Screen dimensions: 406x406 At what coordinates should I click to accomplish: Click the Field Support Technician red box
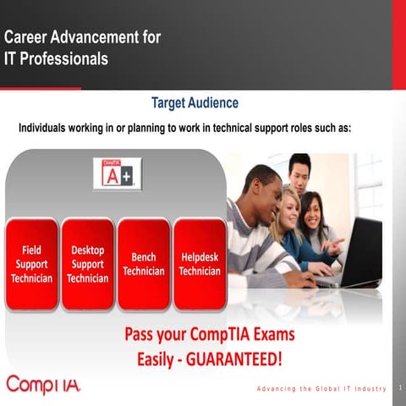31,264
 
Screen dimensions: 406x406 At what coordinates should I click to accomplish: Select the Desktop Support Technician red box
87,264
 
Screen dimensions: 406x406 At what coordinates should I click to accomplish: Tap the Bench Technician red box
143,264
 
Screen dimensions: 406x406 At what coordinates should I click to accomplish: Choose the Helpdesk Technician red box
200,264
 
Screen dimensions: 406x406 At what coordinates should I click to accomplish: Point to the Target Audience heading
195,103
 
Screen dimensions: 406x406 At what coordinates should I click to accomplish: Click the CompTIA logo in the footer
44,385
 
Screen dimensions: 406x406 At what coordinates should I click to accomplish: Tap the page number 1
399,387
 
